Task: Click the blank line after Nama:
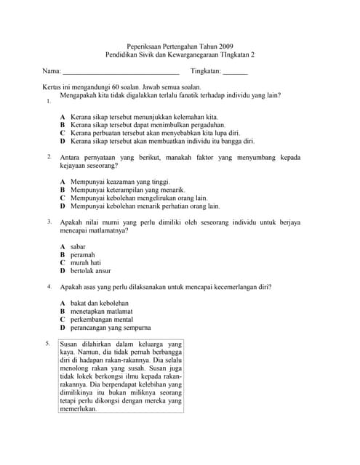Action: pos(121,73)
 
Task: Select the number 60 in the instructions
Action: pos(112,86)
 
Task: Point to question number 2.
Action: pos(48,156)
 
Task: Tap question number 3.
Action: pos(48,221)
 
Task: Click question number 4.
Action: pos(48,286)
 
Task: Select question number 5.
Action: pos(48,342)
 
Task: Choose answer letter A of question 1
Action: pos(63,116)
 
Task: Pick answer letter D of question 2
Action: pos(63,206)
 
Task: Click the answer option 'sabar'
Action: pos(79,247)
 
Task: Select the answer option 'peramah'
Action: pos(83,255)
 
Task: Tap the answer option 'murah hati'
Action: pos(86,263)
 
